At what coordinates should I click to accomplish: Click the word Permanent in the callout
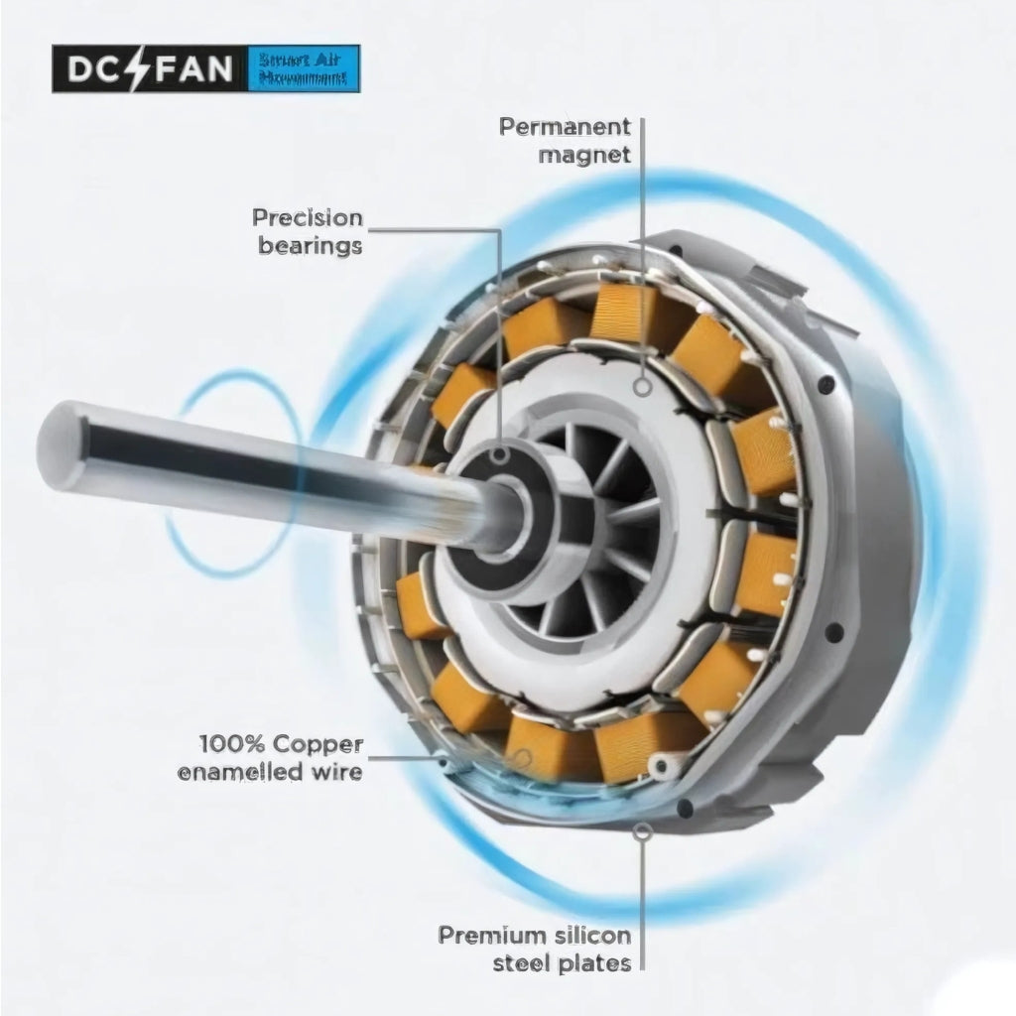click(x=565, y=127)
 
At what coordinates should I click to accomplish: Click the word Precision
click(x=307, y=217)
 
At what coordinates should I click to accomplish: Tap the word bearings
click(x=310, y=245)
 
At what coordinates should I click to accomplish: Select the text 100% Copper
click(x=281, y=743)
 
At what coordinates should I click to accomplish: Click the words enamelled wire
click(x=269, y=771)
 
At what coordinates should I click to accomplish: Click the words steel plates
click(x=565, y=963)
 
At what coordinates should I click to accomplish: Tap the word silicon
click(x=593, y=935)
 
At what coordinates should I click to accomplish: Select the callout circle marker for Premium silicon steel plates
click(x=643, y=831)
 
